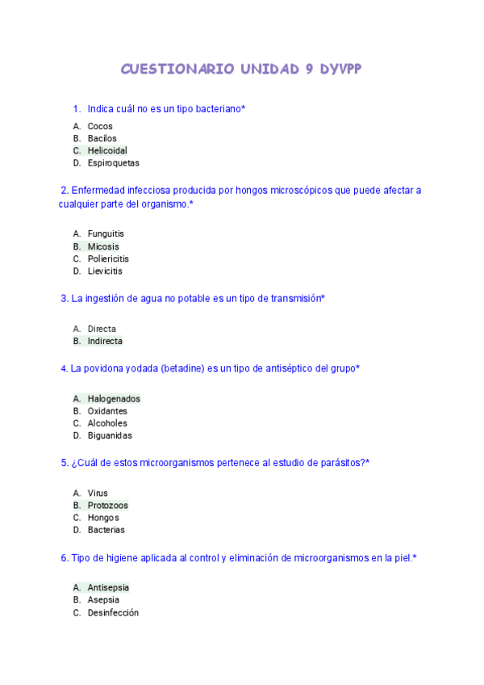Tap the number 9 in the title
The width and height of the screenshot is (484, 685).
coord(309,69)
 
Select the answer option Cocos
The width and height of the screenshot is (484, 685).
coord(100,126)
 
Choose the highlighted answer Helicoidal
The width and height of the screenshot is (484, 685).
coord(107,150)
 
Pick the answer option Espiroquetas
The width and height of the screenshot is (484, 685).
coord(113,162)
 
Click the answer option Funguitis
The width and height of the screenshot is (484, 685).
coord(106,234)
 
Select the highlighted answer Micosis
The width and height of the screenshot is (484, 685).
coord(103,246)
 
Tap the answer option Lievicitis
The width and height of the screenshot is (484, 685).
coord(105,271)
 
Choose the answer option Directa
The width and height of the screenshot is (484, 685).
coord(102,329)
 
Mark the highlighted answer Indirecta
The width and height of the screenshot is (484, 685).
coord(105,341)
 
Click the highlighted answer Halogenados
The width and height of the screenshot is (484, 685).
coord(114,398)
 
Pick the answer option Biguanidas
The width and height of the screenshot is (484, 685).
coord(110,435)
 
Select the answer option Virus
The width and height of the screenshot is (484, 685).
coord(98,493)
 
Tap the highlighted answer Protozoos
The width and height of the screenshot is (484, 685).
coord(107,506)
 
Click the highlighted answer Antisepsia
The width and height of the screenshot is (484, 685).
coord(108,587)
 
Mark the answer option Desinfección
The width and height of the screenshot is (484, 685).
coord(113,612)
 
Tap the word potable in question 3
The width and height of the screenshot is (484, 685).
coord(192,299)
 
